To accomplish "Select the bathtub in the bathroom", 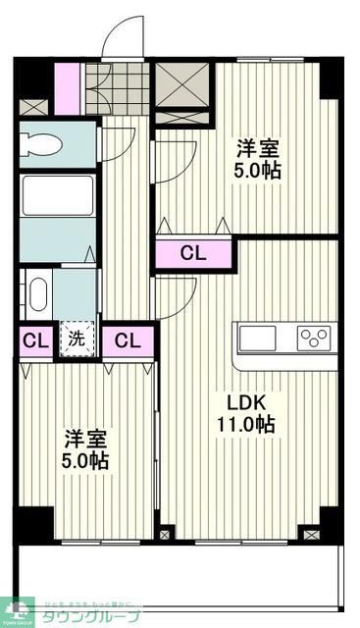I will click(x=58, y=195).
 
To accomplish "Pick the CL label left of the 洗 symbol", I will click(x=34, y=341).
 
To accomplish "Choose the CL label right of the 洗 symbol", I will click(x=128, y=341).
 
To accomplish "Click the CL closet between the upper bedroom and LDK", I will click(x=193, y=253).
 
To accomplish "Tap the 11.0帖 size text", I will click(x=246, y=426).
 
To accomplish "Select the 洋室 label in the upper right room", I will click(x=257, y=150).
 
